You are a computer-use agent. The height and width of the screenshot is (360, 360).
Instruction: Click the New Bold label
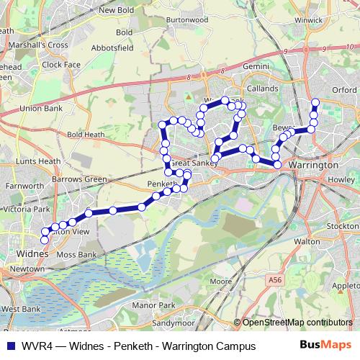point(117,10)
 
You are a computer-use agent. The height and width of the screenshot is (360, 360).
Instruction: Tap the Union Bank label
point(42,108)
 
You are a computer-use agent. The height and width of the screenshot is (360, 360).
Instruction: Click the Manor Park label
point(158,306)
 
